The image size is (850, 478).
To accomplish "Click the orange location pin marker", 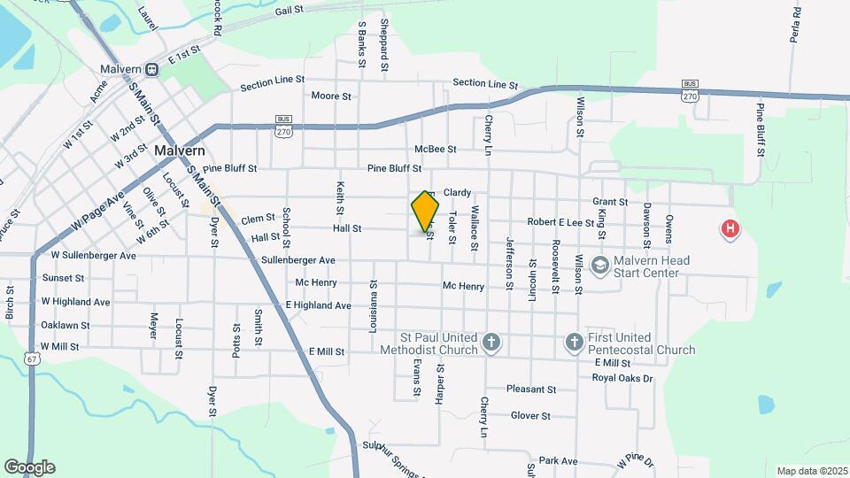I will click(x=425, y=211).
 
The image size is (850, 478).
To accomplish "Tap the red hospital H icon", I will click(x=730, y=230).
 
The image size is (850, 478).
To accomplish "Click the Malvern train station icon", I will click(x=152, y=69).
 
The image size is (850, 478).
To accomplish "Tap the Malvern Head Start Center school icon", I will click(x=599, y=265).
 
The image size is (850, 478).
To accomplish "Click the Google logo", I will click(x=29, y=467).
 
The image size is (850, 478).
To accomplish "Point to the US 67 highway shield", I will click(x=32, y=358).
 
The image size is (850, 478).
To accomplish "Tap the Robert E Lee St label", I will click(x=560, y=223).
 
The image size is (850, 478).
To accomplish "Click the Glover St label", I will click(x=530, y=415).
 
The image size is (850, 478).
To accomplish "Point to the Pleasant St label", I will click(x=531, y=389).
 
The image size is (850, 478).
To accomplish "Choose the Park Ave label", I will click(x=558, y=461).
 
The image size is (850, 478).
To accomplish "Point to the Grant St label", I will click(x=610, y=202).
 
